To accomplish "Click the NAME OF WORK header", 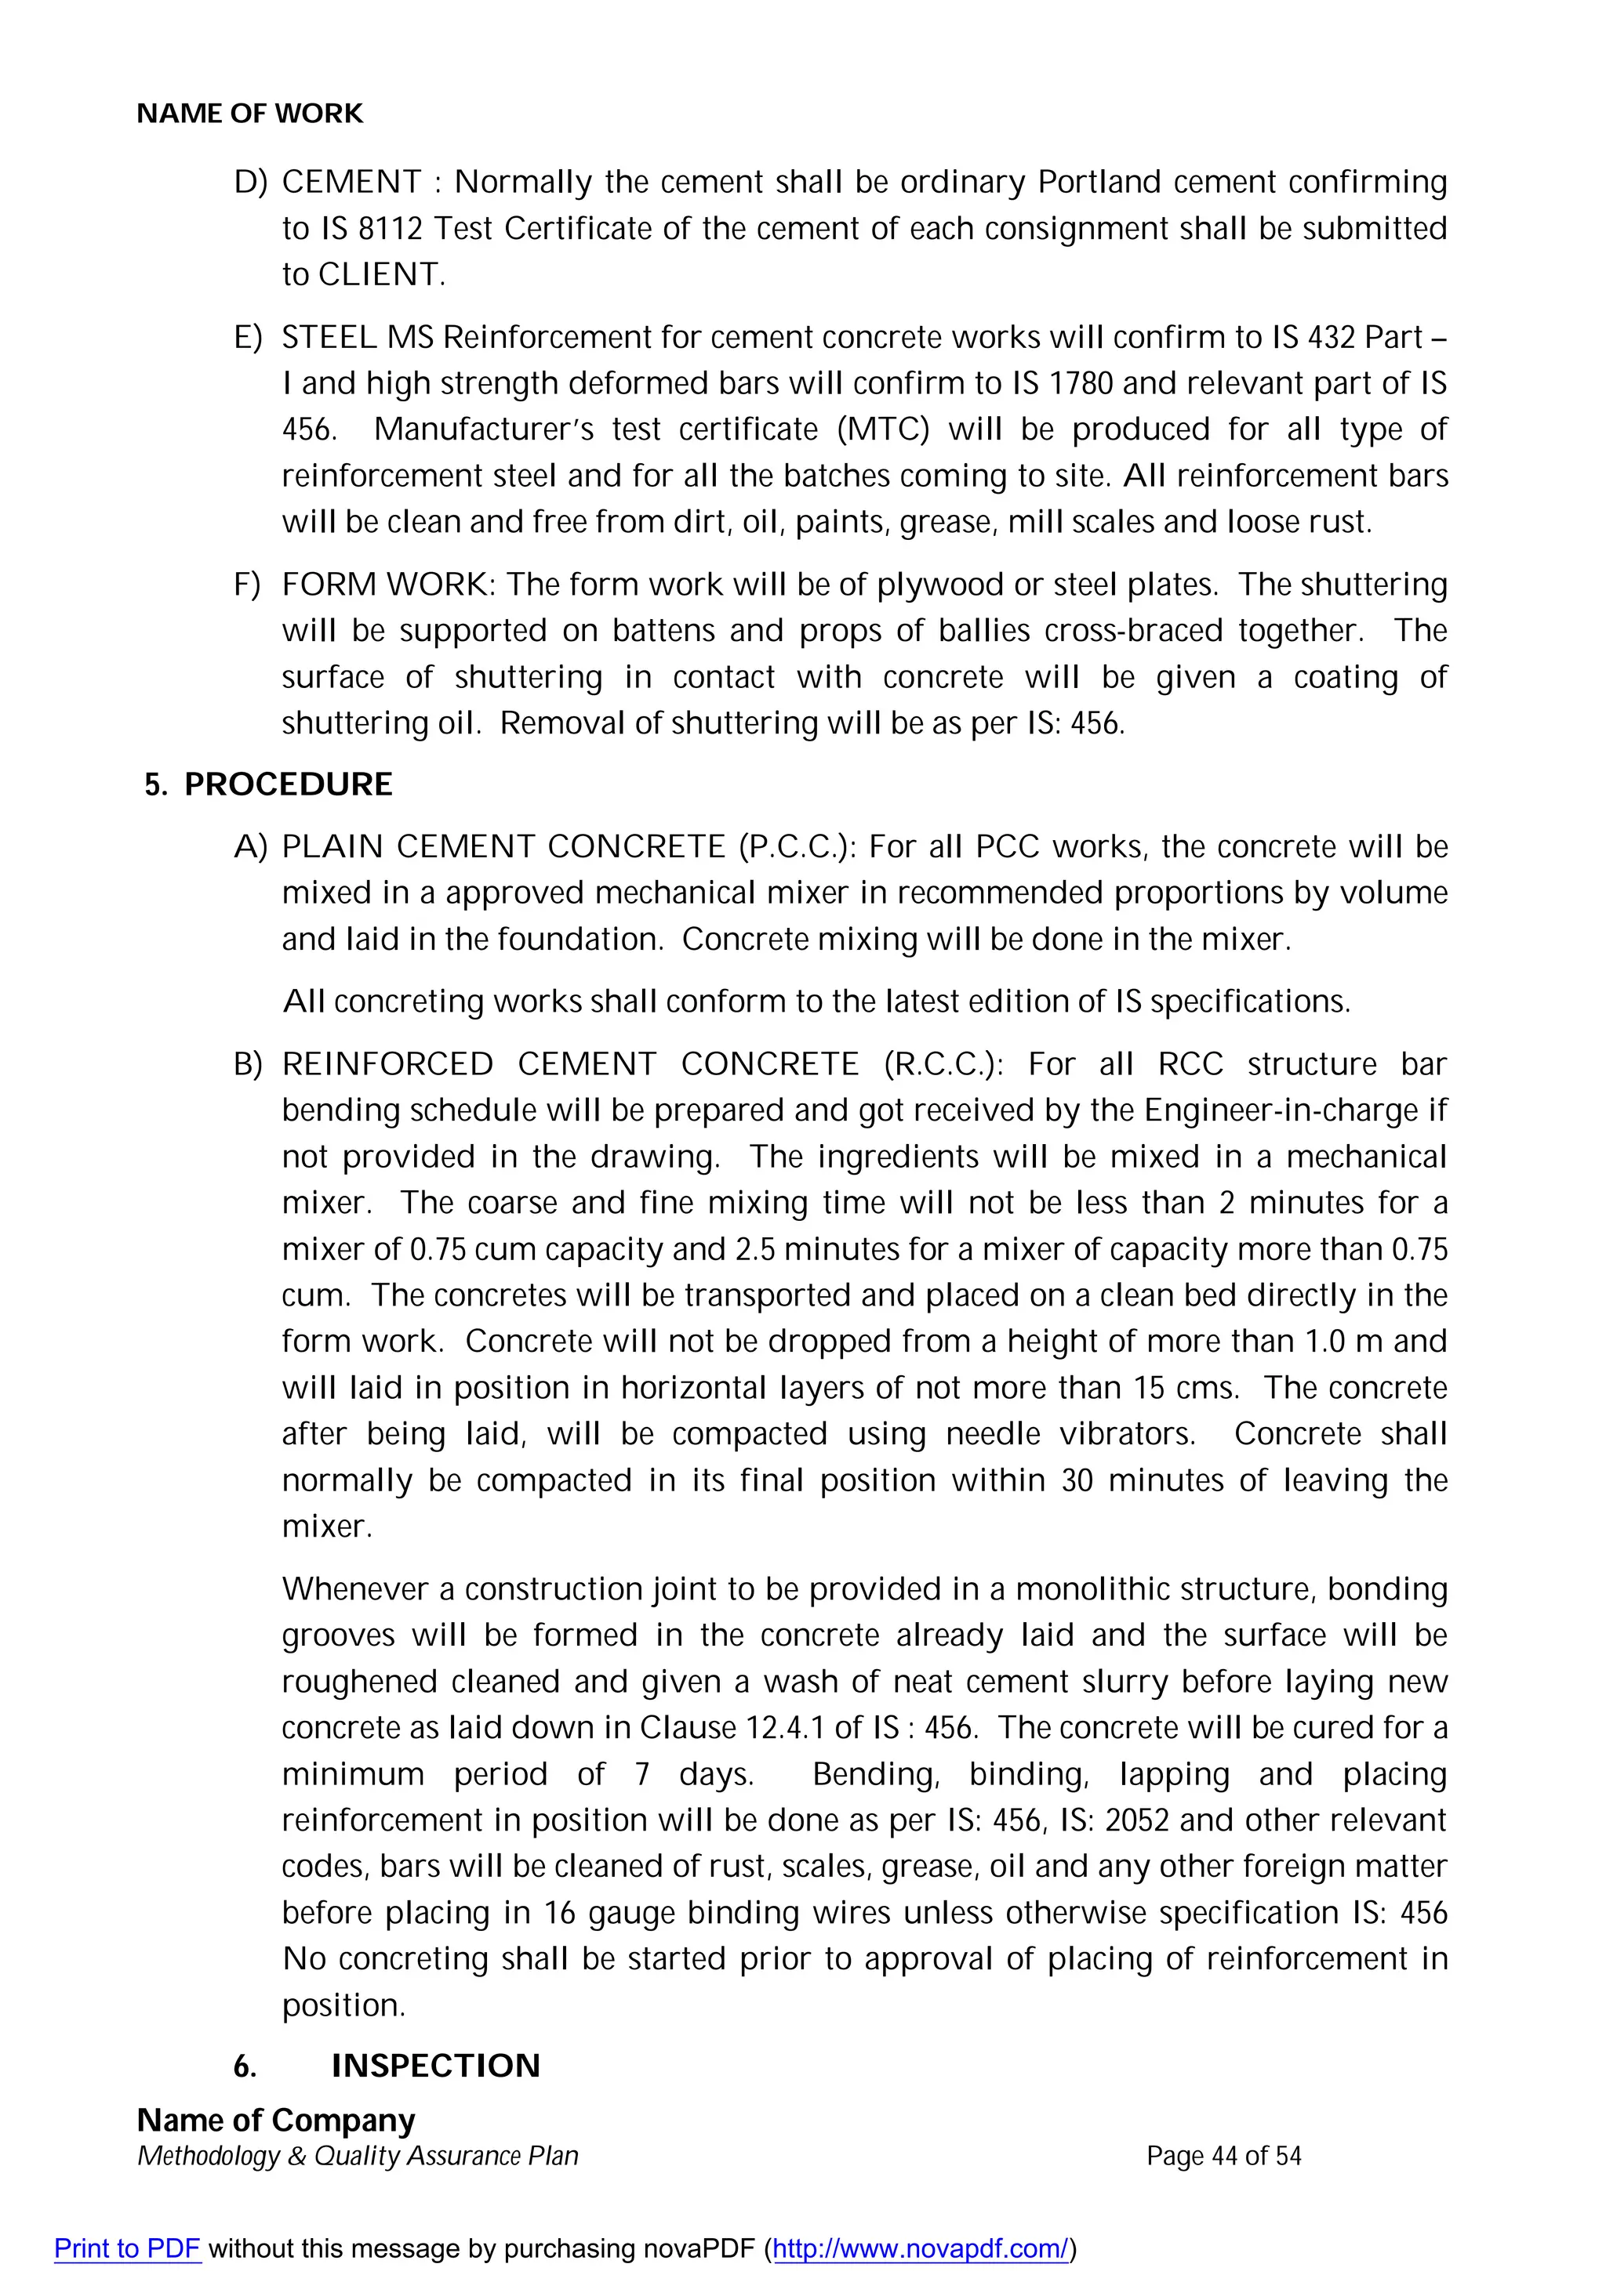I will (x=249, y=114).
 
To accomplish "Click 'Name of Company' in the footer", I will (x=275, y=2120).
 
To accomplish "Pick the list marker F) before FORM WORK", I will (x=247, y=585).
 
